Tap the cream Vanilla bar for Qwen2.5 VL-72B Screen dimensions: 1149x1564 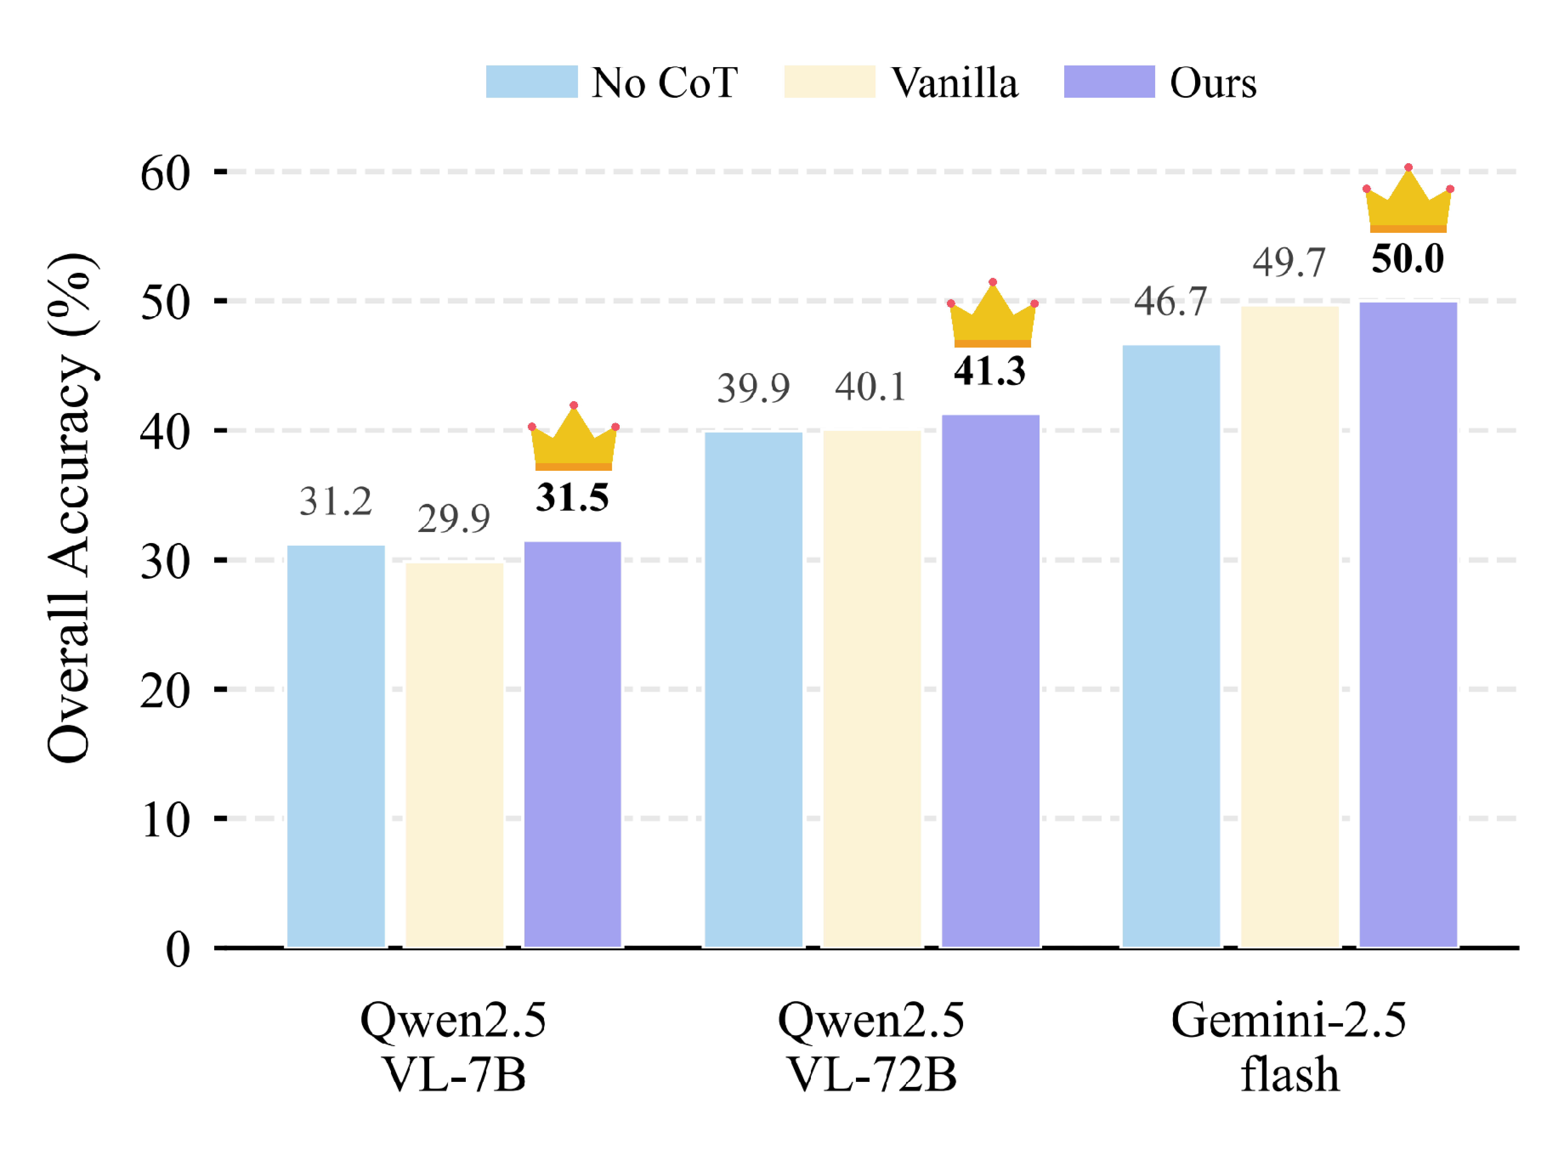click(x=872, y=689)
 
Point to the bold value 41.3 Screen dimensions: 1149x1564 click(x=989, y=371)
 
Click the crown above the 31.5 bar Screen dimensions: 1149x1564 click(x=573, y=438)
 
